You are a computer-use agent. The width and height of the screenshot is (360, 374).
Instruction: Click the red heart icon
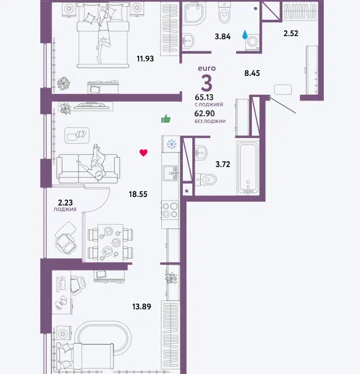143,153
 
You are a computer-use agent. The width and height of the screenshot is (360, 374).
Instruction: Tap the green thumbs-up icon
166,119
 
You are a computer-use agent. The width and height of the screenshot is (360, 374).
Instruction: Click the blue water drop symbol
245,34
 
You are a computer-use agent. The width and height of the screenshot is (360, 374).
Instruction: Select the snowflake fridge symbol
171,144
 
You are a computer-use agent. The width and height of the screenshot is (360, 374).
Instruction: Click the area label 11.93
145,58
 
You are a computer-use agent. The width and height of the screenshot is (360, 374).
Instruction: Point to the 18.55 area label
138,194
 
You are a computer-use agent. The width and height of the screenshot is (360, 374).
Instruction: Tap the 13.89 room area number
141,306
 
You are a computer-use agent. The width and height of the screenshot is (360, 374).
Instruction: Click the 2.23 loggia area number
65,203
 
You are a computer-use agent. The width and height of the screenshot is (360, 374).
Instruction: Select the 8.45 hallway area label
252,73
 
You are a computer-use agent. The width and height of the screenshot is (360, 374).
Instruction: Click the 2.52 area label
291,33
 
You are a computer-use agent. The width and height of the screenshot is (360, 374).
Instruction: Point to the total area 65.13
204,98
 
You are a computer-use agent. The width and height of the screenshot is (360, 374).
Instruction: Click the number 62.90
205,113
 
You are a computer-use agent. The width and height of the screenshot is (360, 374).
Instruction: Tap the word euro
207,68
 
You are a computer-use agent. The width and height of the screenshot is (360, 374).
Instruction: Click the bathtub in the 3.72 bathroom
248,168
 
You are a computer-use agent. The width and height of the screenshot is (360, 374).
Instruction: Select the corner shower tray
193,14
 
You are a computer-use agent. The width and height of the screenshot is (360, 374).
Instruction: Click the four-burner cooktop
170,210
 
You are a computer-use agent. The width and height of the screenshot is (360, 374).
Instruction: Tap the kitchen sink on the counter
171,173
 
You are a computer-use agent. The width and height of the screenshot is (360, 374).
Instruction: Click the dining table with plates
110,243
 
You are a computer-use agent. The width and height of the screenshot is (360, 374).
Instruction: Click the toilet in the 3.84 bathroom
224,12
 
